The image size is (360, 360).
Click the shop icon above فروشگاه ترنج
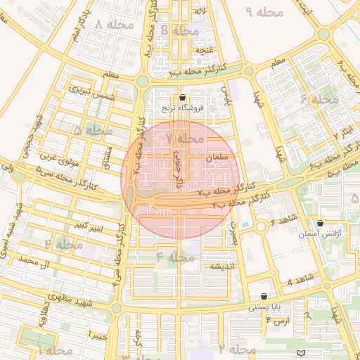[183, 98]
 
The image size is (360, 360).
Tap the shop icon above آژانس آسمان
[321, 223]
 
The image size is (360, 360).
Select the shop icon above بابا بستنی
[264, 297]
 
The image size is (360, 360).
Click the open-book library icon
[302, 352]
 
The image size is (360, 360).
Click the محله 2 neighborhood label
[236, 349]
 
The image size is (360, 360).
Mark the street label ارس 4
[278, 321]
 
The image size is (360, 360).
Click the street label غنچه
[205, 51]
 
